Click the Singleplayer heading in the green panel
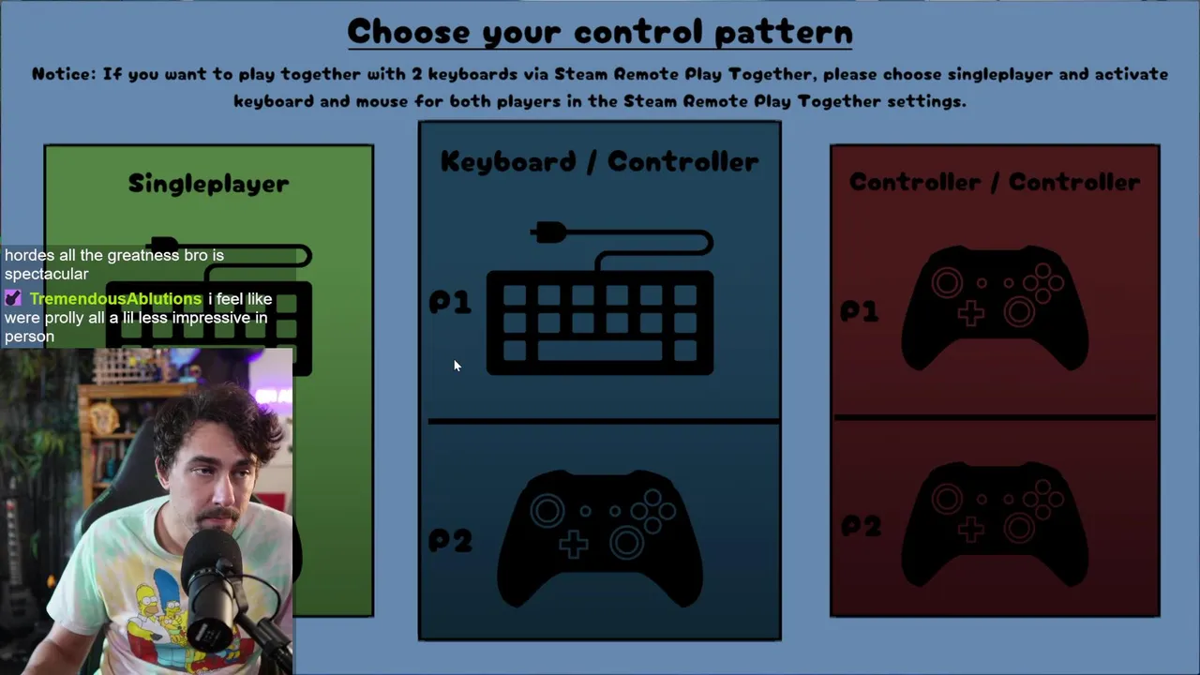[x=208, y=184]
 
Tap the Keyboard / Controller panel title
[x=599, y=161]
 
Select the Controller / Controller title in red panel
[x=995, y=182]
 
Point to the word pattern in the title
[x=783, y=33]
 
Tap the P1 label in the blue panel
[x=450, y=302]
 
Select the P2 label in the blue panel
[x=451, y=540]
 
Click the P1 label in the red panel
[x=860, y=310]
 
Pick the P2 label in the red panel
[x=861, y=526]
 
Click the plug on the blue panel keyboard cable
[x=548, y=232]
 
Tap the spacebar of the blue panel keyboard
[x=599, y=351]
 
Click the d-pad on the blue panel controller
[x=573, y=545]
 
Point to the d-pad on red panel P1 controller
[x=970, y=313]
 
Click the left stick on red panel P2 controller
[x=947, y=499]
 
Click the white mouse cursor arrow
[x=457, y=366]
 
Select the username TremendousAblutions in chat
[x=115, y=299]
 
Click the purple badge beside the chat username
[x=13, y=298]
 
